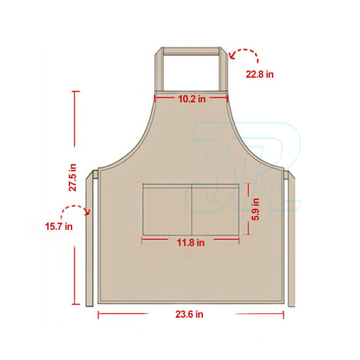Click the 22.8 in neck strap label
pyautogui.click(x=260, y=75)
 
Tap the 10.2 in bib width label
pyautogui.click(x=192, y=99)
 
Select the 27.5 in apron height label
pyautogui.click(x=73, y=177)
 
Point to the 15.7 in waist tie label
pyautogui.click(x=59, y=226)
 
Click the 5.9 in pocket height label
pyautogui.click(x=255, y=210)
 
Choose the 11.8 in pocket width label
pyautogui.click(x=190, y=243)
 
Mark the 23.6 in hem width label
pyautogui.click(x=189, y=314)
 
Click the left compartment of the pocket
pyautogui.click(x=167, y=210)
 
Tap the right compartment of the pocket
pyautogui.click(x=215, y=210)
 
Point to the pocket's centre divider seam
pyautogui.click(x=192, y=210)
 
